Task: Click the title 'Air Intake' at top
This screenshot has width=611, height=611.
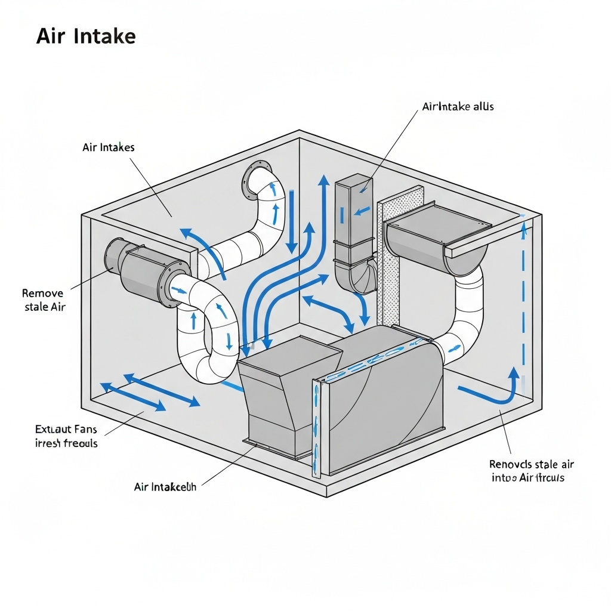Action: coord(86,36)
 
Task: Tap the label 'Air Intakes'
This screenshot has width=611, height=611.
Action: coord(109,147)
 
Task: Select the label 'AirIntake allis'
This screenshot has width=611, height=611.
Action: coord(458,107)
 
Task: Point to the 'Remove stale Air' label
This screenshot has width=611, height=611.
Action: coord(44,300)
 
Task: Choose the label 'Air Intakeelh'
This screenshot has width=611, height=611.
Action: coord(165,487)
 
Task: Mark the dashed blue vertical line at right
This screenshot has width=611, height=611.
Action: coord(524,298)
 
